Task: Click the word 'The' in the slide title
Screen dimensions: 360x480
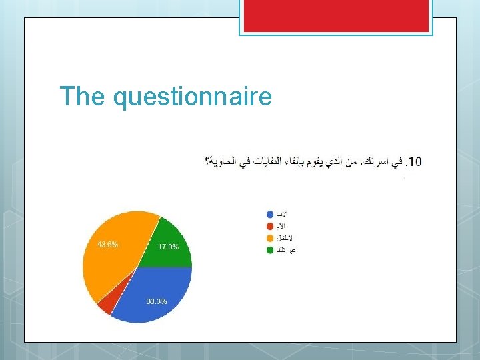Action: click(x=83, y=97)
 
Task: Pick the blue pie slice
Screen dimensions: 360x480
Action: click(x=157, y=293)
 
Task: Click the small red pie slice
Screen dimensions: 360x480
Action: click(x=105, y=305)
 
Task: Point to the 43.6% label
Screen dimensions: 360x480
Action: click(x=108, y=245)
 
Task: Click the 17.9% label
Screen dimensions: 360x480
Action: click(x=168, y=247)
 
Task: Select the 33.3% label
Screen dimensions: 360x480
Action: click(x=157, y=302)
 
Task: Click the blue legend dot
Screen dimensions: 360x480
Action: click(x=270, y=215)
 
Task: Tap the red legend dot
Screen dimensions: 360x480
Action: click(x=270, y=226)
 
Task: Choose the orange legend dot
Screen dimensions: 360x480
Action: click(x=270, y=238)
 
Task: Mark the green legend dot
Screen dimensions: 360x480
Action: click(x=270, y=250)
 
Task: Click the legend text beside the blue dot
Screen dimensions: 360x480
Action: click(x=283, y=215)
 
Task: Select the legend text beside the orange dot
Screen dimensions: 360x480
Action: click(x=285, y=238)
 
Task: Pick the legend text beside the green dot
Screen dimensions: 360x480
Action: click(x=287, y=250)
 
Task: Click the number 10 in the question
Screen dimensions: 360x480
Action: click(x=415, y=161)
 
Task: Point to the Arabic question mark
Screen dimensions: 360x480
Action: click(x=208, y=161)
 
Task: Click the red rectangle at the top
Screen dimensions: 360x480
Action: click(x=336, y=15)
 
